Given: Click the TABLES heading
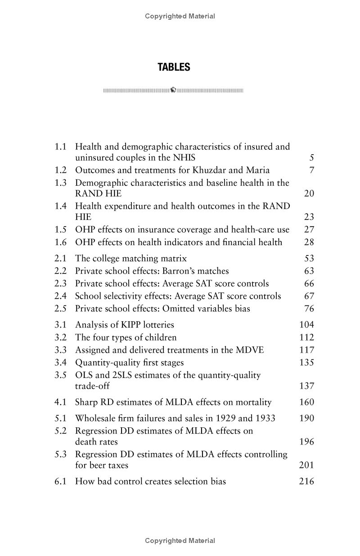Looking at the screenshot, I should click(174, 67).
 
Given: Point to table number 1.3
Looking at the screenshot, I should click(61, 183).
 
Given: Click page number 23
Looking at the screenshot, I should click(309, 218).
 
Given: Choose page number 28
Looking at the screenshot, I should click(309, 242).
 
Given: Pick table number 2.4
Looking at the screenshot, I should click(61, 296).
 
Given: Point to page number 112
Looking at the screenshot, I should click(306, 337).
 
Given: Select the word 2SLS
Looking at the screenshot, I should click(121, 375).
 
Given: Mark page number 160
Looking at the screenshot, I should click(306, 402).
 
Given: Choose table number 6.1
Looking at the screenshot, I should click(61, 481).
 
